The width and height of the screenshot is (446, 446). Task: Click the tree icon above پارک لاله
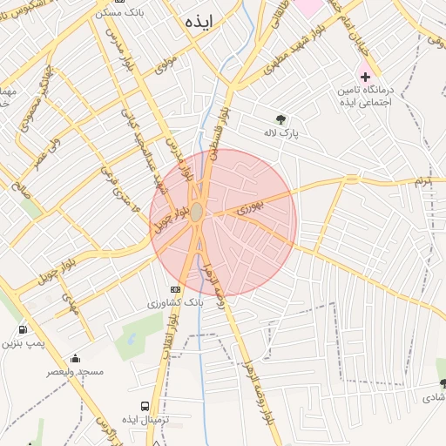(x=280, y=119)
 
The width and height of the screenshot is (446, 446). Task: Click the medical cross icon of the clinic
(x=365, y=78)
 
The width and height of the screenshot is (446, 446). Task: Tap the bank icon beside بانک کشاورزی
(x=176, y=288)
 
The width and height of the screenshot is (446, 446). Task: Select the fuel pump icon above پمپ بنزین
(x=22, y=330)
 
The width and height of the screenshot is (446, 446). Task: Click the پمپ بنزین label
(x=22, y=344)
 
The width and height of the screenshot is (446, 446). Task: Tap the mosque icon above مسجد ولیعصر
(x=75, y=358)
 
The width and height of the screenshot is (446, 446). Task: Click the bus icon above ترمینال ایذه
(x=144, y=406)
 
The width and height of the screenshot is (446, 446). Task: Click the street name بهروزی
(x=248, y=207)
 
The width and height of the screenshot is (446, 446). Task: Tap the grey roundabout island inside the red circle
(x=198, y=213)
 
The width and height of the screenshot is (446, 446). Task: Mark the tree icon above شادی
(x=443, y=383)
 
